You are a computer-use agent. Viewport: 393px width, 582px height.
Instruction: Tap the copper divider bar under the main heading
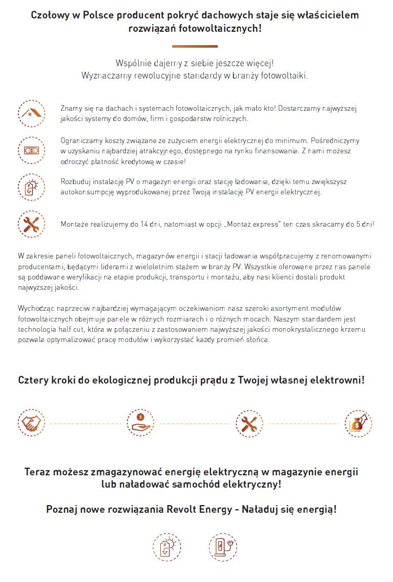click(195, 46)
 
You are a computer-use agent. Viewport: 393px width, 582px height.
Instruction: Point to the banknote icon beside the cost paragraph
click(31, 150)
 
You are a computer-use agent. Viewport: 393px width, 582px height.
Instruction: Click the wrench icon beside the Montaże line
click(31, 224)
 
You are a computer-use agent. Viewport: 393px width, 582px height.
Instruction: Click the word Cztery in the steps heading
click(34, 380)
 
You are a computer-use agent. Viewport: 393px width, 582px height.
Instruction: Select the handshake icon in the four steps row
click(32, 424)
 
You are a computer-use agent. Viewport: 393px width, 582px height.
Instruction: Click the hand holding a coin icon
click(140, 424)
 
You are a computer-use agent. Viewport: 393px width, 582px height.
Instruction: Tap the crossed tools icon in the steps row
click(250, 424)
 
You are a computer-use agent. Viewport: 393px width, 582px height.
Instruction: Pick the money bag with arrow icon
click(358, 424)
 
